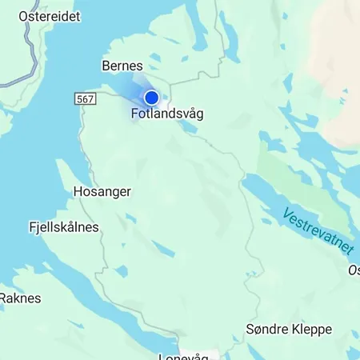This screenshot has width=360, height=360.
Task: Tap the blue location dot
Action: (151, 98)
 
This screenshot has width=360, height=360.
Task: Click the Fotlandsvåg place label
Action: (167, 114)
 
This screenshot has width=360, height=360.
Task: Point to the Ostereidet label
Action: (50, 16)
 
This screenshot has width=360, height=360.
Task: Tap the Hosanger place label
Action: (102, 192)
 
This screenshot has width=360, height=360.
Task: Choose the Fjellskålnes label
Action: (63, 227)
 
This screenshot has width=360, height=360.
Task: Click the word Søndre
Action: (265, 330)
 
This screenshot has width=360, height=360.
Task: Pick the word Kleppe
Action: (303, 330)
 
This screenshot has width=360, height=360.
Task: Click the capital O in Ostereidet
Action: (23, 16)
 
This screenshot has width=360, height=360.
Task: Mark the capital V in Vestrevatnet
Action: (286, 213)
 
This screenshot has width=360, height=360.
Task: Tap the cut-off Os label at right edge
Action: (354, 270)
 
